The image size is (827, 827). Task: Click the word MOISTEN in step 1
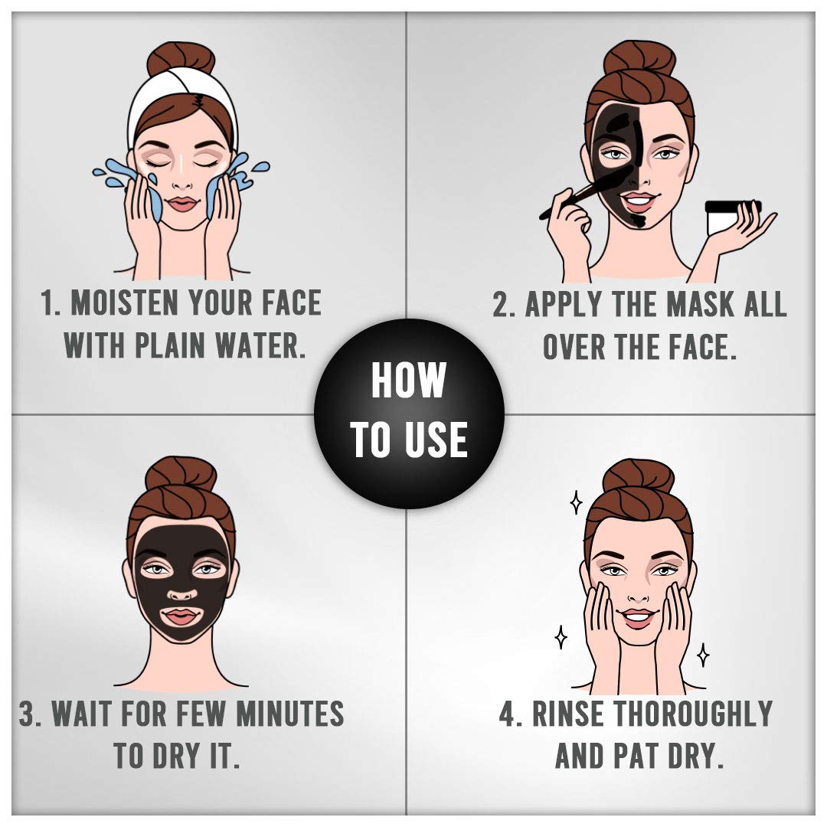click(x=125, y=302)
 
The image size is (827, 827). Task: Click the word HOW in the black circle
click(x=409, y=380)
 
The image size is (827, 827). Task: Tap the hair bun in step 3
click(x=181, y=474)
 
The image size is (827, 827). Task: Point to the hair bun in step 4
click(x=638, y=476)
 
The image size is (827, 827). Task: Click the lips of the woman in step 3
click(x=181, y=616)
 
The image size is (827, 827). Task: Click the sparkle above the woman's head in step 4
click(x=577, y=502)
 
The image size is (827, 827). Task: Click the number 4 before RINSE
click(x=509, y=714)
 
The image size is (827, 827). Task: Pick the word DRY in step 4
click(x=694, y=757)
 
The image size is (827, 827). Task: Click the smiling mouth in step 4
click(x=638, y=617)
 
